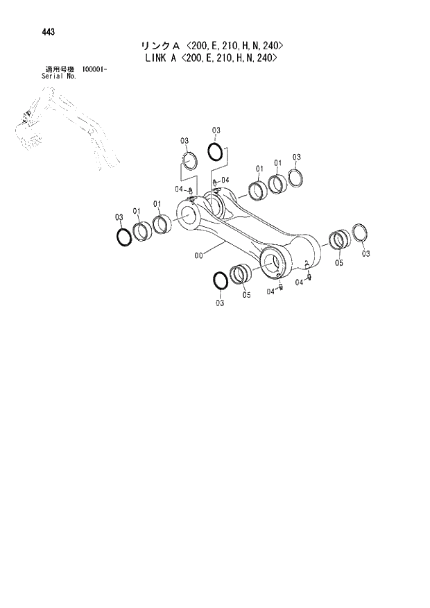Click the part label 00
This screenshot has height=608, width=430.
[x=199, y=255]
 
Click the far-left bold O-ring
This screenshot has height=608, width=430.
[x=123, y=237]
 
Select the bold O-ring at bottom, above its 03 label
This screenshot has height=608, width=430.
[x=219, y=281]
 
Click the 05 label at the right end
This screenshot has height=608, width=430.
[x=339, y=263]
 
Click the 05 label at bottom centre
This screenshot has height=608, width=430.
[x=247, y=295]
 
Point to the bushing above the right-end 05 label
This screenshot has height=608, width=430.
[x=338, y=240]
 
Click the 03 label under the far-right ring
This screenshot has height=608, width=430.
[x=366, y=254]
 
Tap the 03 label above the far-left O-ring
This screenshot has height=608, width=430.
[x=119, y=217]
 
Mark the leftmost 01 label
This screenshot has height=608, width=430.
[x=137, y=211]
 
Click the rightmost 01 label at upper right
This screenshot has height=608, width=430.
[x=277, y=164]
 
